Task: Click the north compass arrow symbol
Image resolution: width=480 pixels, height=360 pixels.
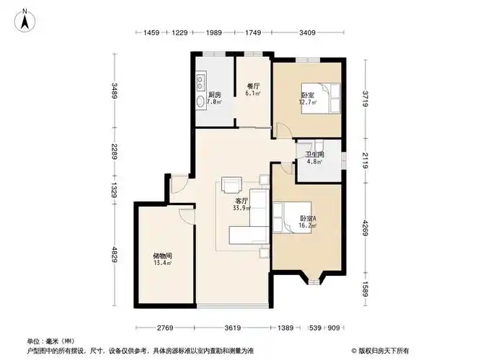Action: (x=25, y=20)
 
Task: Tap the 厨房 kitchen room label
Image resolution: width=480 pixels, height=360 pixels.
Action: (x=214, y=95)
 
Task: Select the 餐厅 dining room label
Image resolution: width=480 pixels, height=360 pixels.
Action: (x=252, y=85)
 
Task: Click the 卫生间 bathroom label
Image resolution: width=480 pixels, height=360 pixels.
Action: (x=314, y=155)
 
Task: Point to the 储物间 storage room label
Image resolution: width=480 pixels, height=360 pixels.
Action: (x=161, y=256)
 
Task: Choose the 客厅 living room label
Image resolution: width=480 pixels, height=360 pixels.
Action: (x=241, y=201)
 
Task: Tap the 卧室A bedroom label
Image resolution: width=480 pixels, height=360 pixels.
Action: (x=308, y=218)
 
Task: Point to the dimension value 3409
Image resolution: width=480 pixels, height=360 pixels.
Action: (x=308, y=33)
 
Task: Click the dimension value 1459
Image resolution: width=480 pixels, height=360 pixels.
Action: (x=151, y=33)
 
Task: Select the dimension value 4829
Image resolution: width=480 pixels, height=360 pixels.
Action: (x=113, y=256)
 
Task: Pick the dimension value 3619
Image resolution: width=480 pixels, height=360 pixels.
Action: (x=231, y=329)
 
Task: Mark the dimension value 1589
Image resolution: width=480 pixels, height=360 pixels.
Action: (x=365, y=289)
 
